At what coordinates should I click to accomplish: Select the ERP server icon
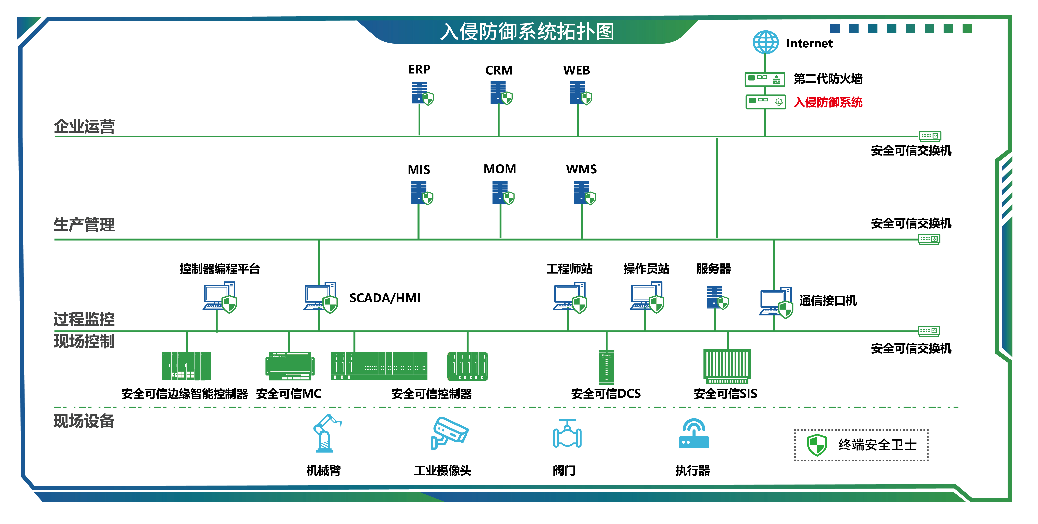(421, 93)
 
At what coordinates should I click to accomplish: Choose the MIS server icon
(421, 193)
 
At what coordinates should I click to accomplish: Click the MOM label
(500, 169)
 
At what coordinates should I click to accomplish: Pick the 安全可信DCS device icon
(606, 367)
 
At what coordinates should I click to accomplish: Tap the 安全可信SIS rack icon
(727, 366)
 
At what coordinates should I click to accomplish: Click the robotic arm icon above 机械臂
(326, 434)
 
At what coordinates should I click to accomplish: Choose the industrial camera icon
(449, 433)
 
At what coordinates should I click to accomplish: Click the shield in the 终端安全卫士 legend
(817, 445)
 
